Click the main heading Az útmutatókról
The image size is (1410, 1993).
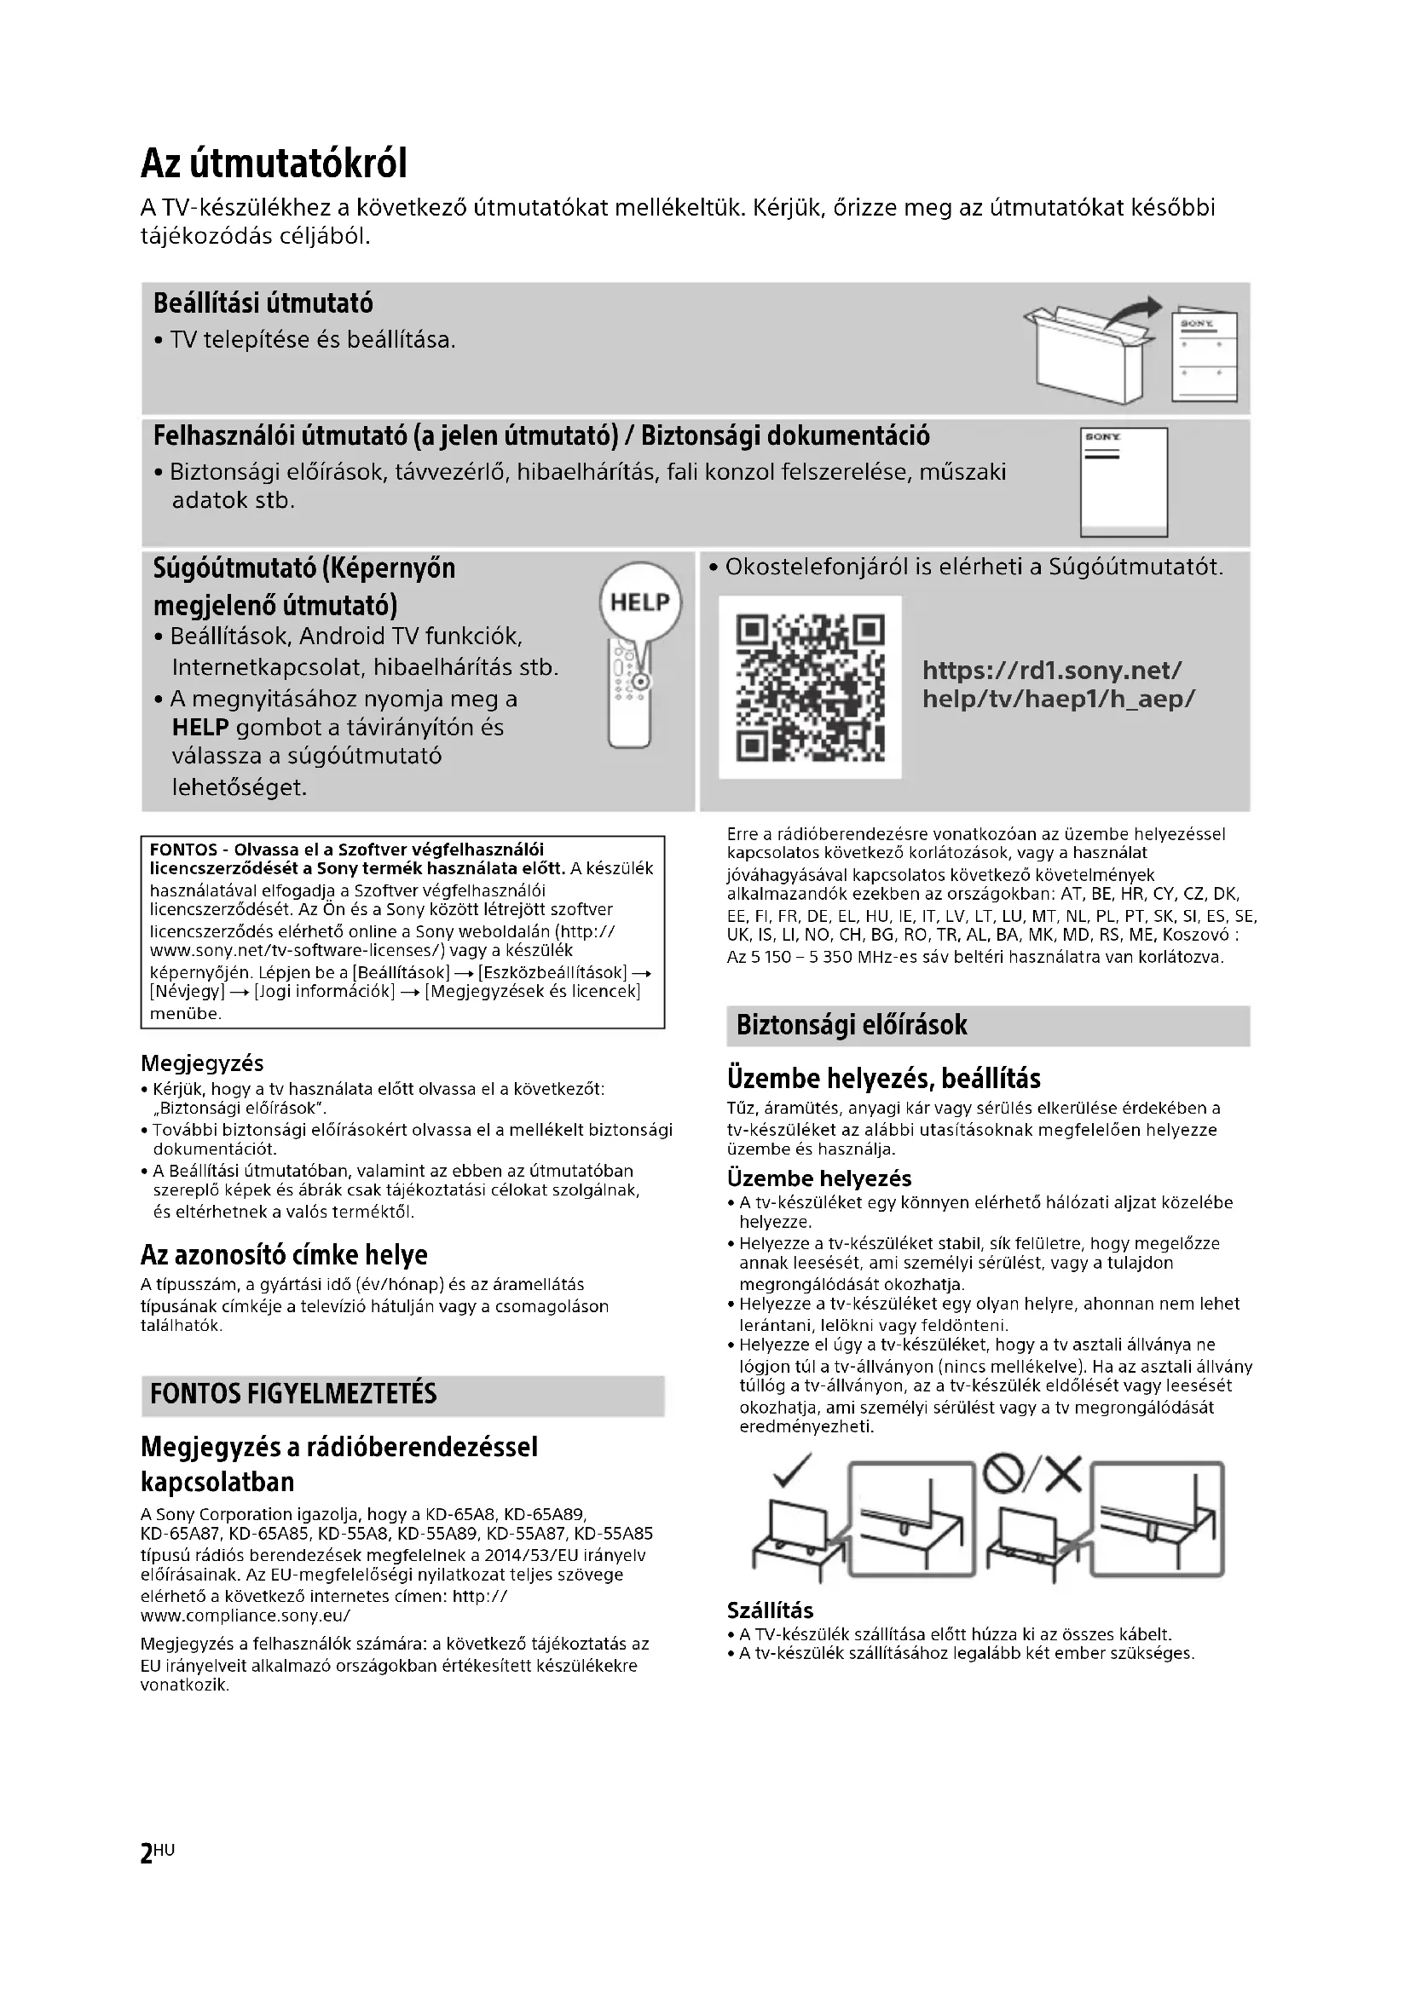(274, 164)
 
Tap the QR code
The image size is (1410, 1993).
(810, 687)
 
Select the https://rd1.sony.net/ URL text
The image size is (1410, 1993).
(1051, 670)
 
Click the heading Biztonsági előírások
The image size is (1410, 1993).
(851, 1025)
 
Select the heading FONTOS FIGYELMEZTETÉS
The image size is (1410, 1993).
(293, 1394)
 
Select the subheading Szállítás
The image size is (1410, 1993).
(770, 1611)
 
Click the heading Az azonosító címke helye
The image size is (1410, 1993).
(284, 1255)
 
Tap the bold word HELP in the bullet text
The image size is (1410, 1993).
(199, 729)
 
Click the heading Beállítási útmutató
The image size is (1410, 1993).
(263, 304)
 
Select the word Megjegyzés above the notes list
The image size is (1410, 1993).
(202, 1063)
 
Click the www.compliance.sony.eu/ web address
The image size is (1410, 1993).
(246, 1616)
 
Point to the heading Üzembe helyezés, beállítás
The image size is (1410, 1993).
(884, 1079)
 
